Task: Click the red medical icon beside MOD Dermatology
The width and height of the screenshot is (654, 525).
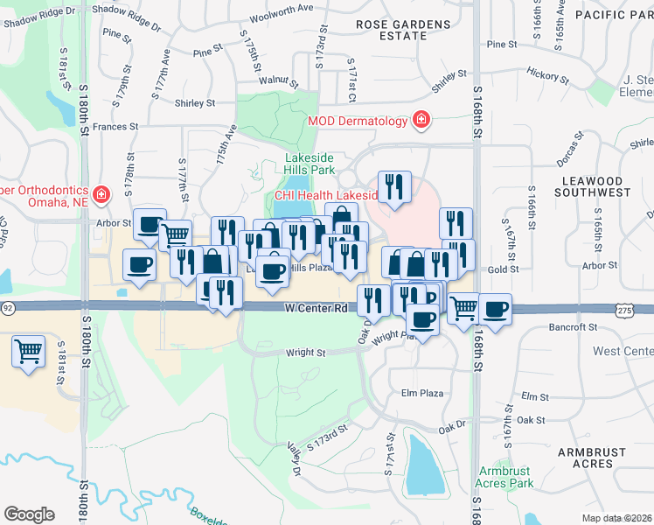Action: (x=421, y=120)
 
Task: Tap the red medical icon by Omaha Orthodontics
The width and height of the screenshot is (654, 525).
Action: (x=102, y=193)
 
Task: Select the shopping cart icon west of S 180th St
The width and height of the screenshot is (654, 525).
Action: (x=28, y=352)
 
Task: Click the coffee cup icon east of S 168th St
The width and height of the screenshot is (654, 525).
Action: (x=496, y=309)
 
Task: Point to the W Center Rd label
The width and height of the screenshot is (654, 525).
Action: (x=317, y=309)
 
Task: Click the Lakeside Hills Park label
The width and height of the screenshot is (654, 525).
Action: (x=310, y=164)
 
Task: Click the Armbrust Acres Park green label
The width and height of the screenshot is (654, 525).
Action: (x=504, y=477)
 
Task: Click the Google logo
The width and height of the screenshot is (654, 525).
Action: (x=29, y=514)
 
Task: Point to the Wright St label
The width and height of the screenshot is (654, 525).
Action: (x=306, y=353)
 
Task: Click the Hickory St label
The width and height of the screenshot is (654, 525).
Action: (x=548, y=76)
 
